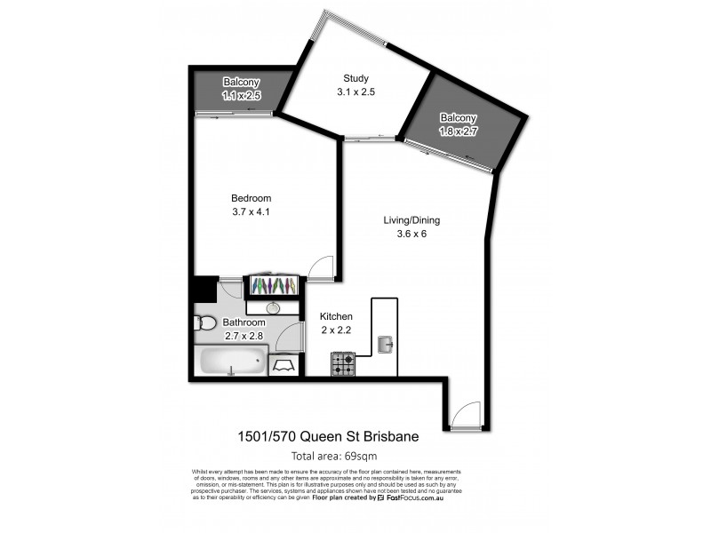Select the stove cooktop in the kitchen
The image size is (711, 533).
coord(343,362)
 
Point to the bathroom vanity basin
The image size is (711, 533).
coord(274,307)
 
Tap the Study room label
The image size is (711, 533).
coord(355,77)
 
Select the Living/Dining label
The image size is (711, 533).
coord(411,220)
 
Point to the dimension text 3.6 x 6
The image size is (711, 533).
coord(411,235)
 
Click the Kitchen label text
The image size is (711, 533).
coord(337,316)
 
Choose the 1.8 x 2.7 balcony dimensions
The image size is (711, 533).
coord(459,131)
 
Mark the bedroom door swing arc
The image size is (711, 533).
coord(321,269)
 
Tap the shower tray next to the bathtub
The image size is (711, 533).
coord(285,364)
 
